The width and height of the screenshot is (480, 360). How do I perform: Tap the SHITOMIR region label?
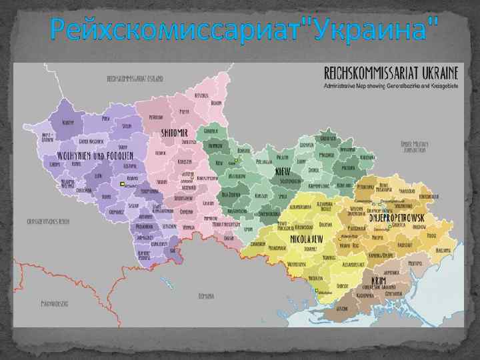[175, 133]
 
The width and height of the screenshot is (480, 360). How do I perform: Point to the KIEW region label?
[282, 171]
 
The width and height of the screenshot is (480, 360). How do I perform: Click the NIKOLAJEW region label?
[308, 237]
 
